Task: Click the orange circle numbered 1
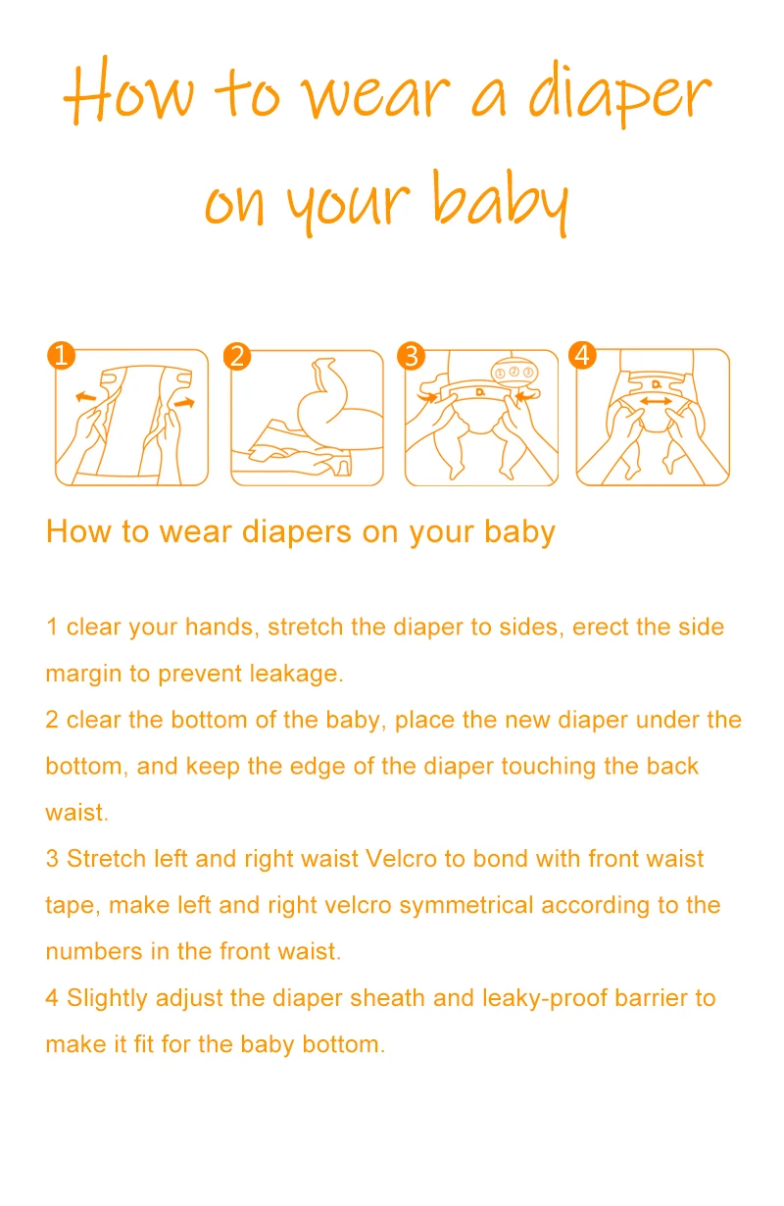[61, 355]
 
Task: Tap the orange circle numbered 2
[237, 357]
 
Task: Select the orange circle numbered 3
[411, 356]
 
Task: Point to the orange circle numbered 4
[583, 355]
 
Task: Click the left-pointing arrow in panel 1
[85, 397]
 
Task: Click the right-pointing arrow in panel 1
[184, 402]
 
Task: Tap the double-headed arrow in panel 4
[655, 401]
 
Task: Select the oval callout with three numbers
[514, 372]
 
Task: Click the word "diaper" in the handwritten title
[620, 95]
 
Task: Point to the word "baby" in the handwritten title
[501, 202]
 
